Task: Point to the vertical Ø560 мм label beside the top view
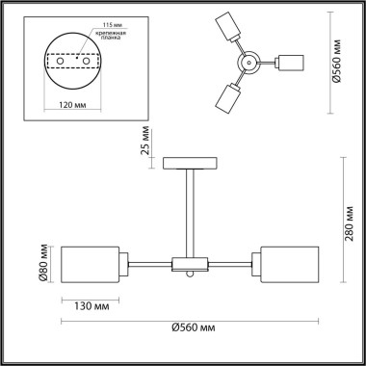tap(351, 58)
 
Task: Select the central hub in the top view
tap(248, 64)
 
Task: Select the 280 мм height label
tap(351, 229)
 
